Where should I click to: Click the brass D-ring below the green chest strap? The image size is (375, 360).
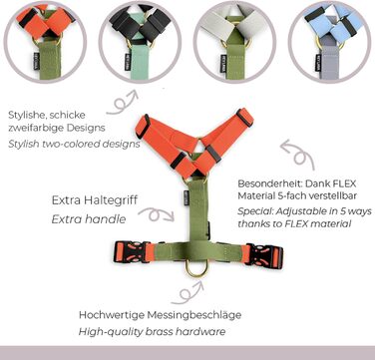pyautogui.click(x=196, y=274)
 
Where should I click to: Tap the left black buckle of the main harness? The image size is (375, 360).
pyautogui.click(x=130, y=252)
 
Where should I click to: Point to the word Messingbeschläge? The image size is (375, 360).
pyautogui.click(x=194, y=315)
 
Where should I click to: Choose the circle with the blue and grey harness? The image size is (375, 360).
pyautogui.click(x=329, y=42)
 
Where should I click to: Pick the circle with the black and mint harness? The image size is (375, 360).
pyautogui.click(x=140, y=42)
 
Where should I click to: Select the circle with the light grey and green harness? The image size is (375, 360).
pyautogui.click(x=234, y=42)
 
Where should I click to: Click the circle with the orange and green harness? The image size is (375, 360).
pyautogui.click(x=45, y=42)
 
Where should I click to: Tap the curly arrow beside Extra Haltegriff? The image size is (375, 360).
pyautogui.click(x=156, y=215)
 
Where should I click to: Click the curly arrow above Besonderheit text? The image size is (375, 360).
pyautogui.click(x=298, y=155)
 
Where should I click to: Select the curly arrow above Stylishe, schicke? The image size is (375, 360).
pyautogui.click(x=123, y=103)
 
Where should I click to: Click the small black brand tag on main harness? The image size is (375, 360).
pyautogui.click(x=187, y=198)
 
